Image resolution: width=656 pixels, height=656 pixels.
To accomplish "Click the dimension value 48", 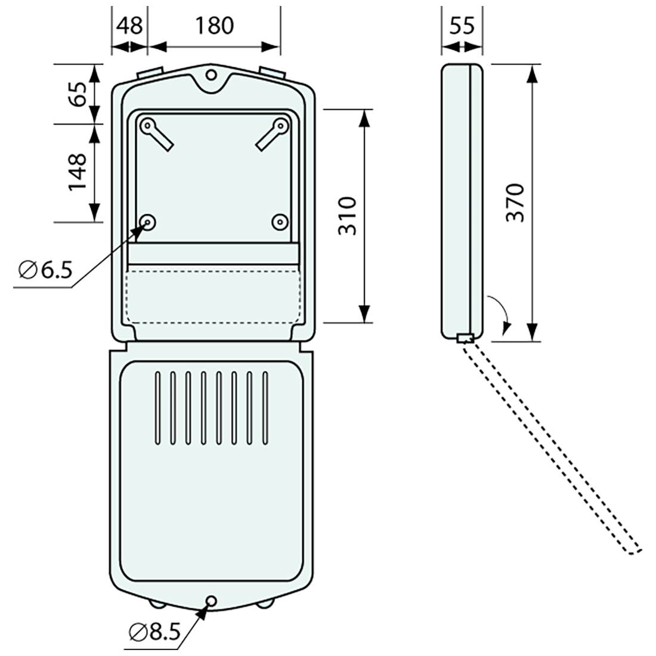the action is coord(129,26).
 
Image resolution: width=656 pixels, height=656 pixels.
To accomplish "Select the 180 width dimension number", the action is coord(214,26).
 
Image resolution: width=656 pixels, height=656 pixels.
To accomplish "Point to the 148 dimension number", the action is coord(78,172).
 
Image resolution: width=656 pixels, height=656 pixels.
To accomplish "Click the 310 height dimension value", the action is coord(347,216).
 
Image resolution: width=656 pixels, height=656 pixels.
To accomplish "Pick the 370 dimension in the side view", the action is coord(515,203).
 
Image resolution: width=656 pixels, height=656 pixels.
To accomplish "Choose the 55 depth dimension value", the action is coord(462,26).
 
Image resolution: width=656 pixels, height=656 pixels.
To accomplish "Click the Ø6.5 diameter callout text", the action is coord(45,270).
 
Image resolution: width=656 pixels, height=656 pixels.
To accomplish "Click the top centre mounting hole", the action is coord(212,75).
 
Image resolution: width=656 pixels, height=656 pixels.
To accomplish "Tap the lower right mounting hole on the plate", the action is coord(280,222).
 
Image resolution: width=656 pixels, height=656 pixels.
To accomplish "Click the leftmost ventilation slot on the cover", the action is coord(157,408).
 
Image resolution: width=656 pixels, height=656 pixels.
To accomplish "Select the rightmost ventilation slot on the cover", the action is coord(265,408).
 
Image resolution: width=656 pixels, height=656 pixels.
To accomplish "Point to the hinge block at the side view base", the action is coord(465,338).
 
